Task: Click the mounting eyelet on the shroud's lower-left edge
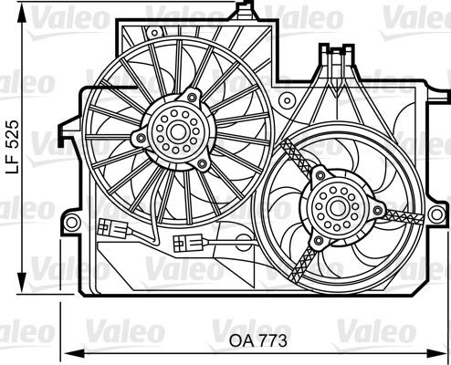(69, 222)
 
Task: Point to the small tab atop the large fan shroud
(243, 11)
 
